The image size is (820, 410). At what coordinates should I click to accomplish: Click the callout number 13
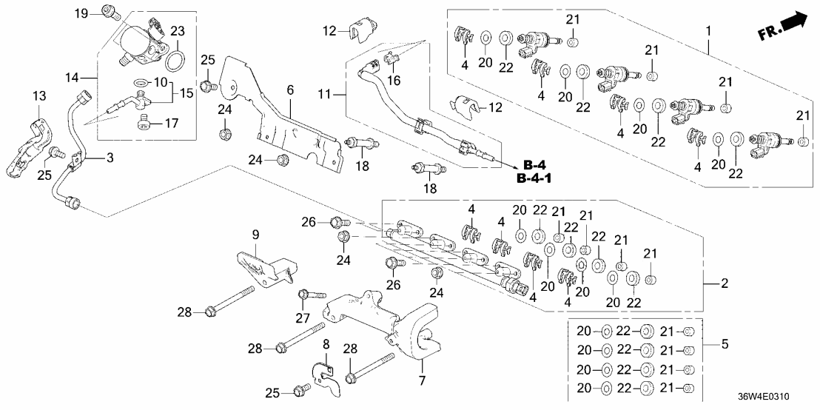tap(38, 95)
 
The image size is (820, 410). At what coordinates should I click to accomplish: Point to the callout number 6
tap(290, 90)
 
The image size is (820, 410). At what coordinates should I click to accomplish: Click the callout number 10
tap(162, 81)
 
